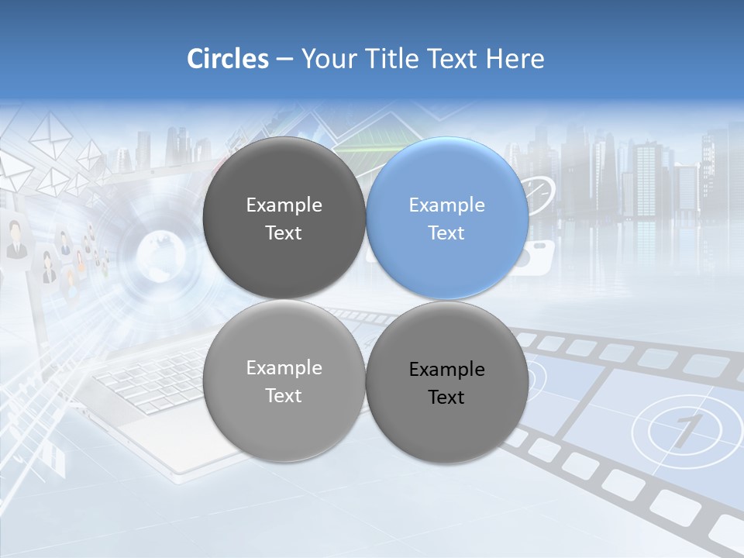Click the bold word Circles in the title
click(227, 59)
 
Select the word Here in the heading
click(515, 59)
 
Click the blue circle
click(447, 219)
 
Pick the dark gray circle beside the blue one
click(284, 219)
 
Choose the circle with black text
click(447, 382)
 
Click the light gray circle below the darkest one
click(284, 381)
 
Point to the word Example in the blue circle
click(447, 205)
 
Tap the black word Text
click(446, 397)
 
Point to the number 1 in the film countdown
click(682, 431)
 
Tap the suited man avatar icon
click(15, 240)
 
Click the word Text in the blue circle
click(446, 232)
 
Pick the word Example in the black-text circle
click(447, 370)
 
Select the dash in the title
click(284, 60)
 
